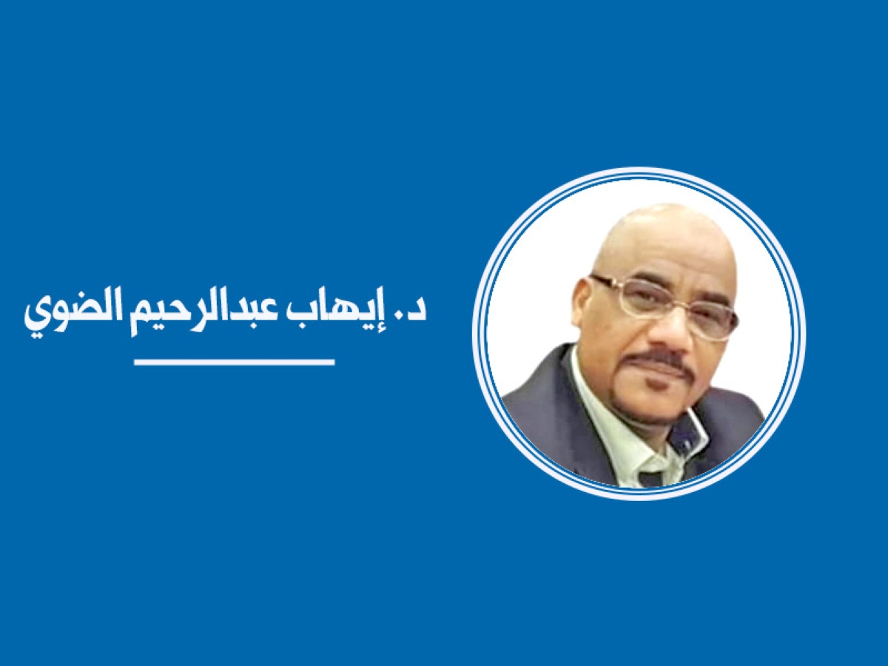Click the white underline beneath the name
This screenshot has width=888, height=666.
pos(235,362)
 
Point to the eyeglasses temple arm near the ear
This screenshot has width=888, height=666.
pos(604,282)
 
